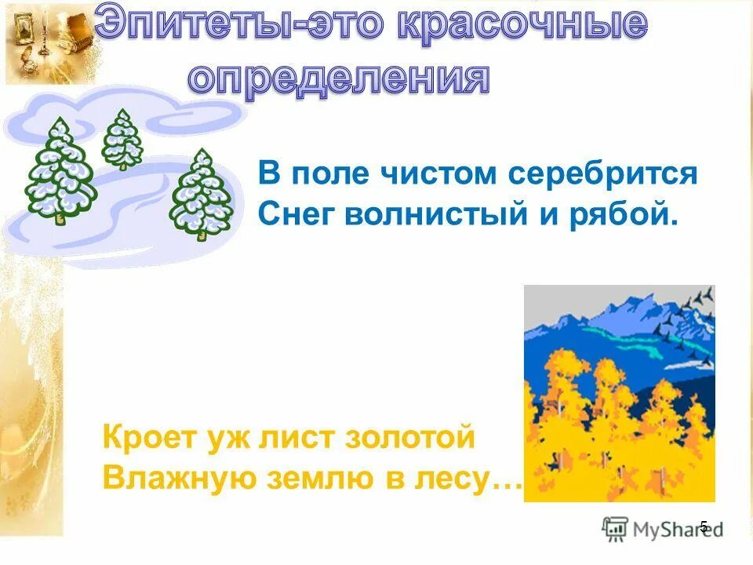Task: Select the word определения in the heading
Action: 340,79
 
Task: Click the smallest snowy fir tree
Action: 122,140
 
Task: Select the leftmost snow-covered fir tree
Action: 60,171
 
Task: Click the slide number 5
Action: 704,527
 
